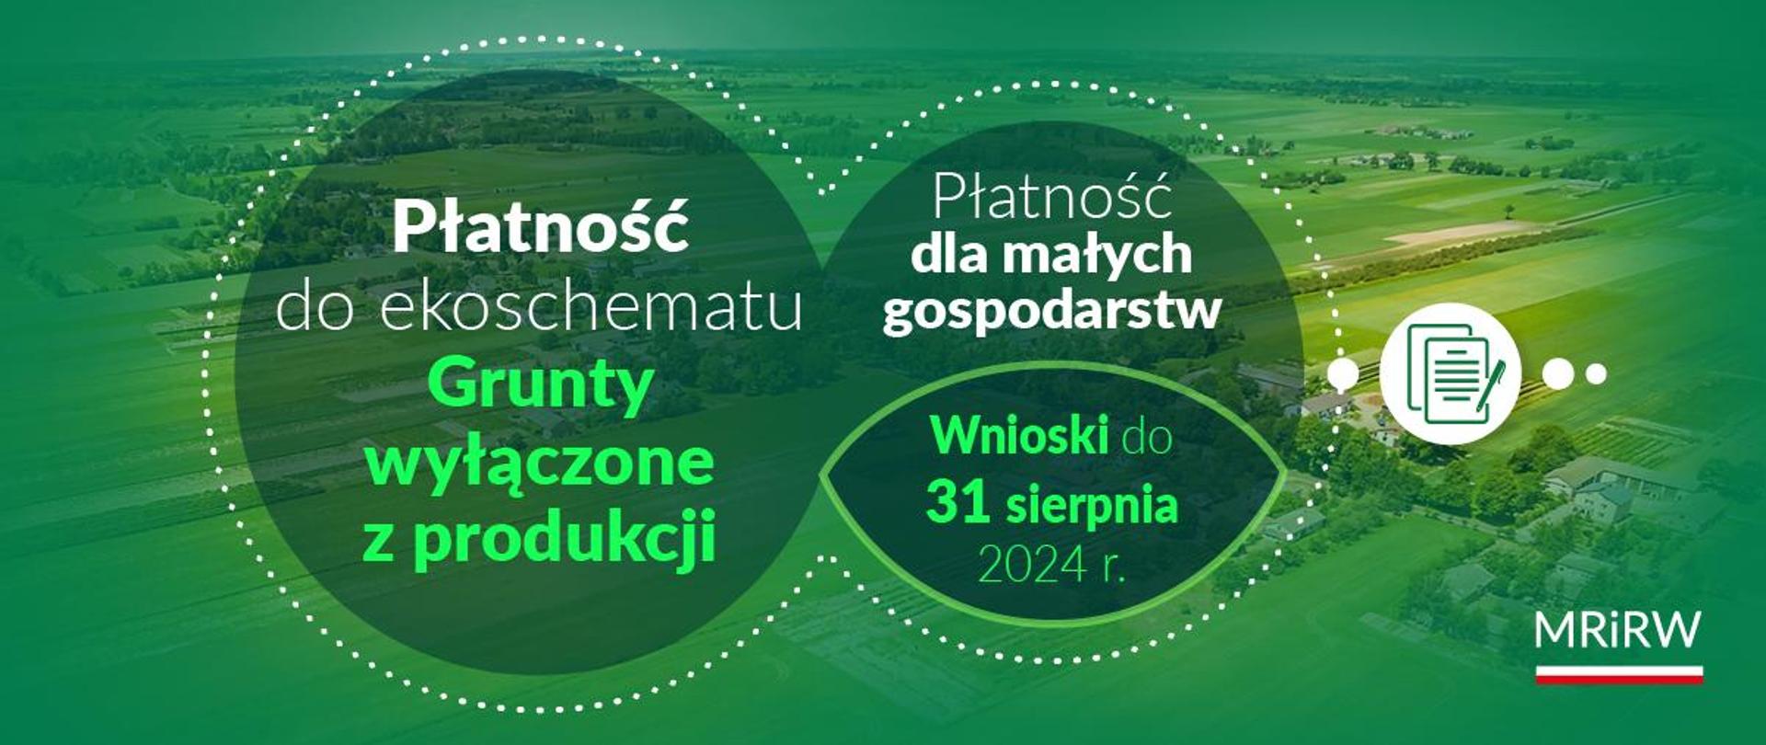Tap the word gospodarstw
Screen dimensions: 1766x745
point(1052,311)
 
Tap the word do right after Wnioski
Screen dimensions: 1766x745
point(1146,437)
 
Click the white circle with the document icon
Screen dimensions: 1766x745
point(1450,373)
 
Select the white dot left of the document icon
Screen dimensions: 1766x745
point(1344,373)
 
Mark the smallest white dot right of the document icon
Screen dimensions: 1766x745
point(1597,373)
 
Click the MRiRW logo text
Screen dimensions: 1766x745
point(1618,631)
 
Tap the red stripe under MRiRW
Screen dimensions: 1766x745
point(1619,678)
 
